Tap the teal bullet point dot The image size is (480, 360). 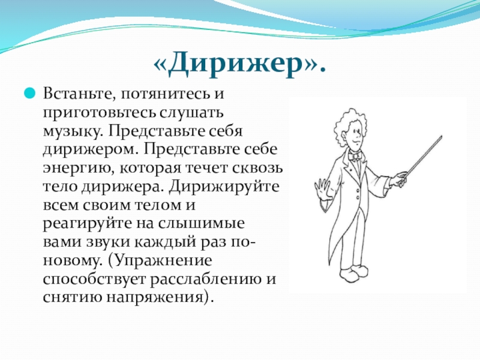click(x=29, y=93)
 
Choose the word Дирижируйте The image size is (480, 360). click(x=224, y=187)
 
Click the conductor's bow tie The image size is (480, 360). click(x=355, y=157)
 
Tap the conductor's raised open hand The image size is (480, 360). click(x=322, y=190)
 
